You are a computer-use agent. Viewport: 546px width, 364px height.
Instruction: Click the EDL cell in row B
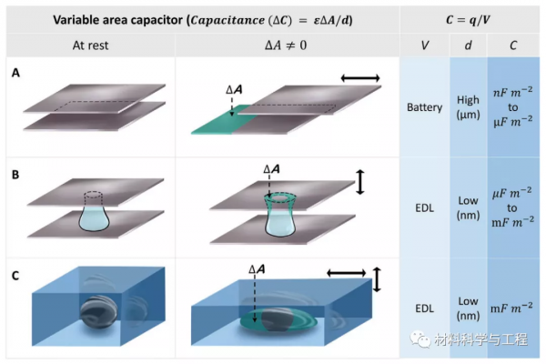(424, 207)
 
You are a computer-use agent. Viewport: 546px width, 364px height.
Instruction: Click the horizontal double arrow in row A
(359, 79)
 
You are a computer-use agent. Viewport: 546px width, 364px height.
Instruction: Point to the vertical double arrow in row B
(360, 181)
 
